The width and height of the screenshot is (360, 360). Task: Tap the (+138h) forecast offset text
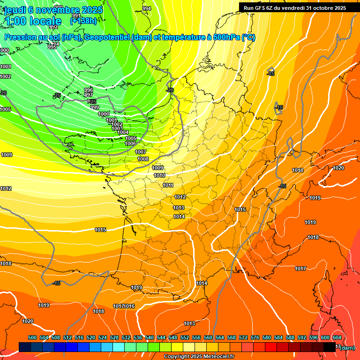click(x=83, y=21)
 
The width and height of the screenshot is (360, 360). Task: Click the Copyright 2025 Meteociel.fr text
click(x=198, y=357)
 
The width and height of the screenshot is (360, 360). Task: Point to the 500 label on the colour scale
click(x=32, y=337)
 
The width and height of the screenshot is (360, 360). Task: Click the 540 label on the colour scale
click(x=150, y=337)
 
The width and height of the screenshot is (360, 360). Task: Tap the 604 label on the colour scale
click(x=337, y=337)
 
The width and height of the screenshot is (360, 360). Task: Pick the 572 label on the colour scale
click(x=243, y=337)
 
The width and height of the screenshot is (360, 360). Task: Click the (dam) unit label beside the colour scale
click(x=347, y=347)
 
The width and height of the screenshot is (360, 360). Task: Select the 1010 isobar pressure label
click(x=159, y=175)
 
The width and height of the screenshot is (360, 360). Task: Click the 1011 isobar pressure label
click(x=168, y=186)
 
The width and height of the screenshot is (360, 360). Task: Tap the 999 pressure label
click(x=95, y=108)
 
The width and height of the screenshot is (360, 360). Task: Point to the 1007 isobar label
click(x=141, y=152)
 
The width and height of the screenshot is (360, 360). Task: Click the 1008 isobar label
click(x=143, y=159)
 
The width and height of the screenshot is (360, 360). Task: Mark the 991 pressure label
click(x=76, y=16)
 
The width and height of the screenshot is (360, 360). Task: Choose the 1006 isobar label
click(x=130, y=144)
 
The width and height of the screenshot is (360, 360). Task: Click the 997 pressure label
click(x=88, y=95)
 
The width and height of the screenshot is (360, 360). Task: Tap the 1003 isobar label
click(x=117, y=128)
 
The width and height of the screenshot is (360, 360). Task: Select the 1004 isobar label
click(x=123, y=133)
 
